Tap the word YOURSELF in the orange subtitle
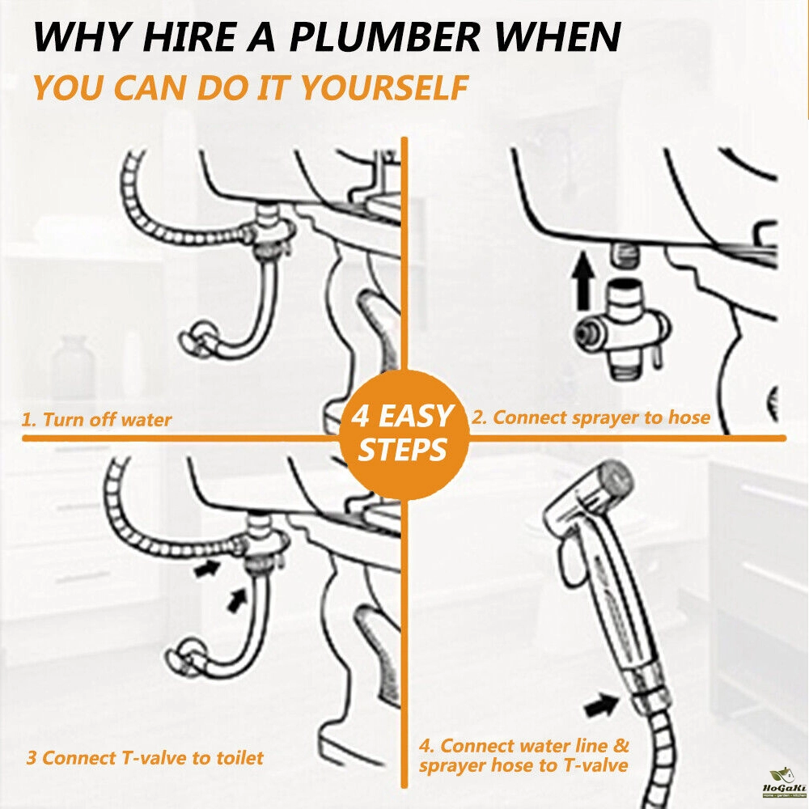point(383,88)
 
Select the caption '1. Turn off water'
point(96,419)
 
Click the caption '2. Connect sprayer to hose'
point(591,417)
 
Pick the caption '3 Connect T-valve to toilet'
point(145,758)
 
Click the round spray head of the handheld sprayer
point(616,478)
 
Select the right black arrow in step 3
point(238,598)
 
